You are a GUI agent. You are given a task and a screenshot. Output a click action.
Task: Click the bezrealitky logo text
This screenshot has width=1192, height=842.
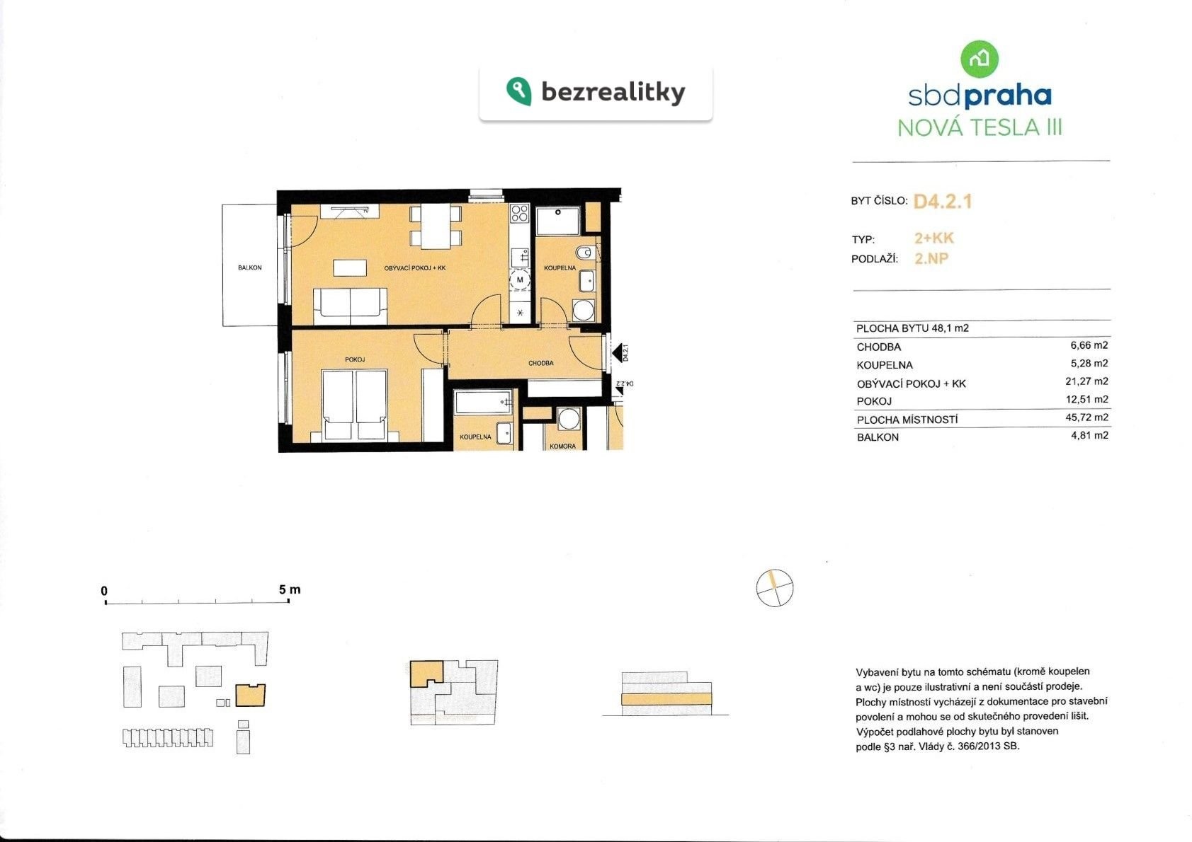613,93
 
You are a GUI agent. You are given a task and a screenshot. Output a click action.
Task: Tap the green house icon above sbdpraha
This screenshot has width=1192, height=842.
979,59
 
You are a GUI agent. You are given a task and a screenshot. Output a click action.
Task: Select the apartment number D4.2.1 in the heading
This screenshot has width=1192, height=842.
943,202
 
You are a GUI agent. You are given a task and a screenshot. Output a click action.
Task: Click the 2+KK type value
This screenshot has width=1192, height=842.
934,238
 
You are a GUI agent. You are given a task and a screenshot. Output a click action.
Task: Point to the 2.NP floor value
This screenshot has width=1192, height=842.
931,259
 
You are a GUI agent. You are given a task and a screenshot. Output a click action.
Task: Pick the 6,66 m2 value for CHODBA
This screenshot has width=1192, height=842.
1089,345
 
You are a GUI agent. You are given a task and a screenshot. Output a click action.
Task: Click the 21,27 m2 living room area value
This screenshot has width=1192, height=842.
1086,381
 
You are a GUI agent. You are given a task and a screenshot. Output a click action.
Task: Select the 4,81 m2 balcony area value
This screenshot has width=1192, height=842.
1089,435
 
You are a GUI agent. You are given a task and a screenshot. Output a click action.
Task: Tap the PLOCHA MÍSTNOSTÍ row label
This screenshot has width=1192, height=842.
907,420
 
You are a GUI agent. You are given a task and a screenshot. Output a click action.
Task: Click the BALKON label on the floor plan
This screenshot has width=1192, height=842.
249,268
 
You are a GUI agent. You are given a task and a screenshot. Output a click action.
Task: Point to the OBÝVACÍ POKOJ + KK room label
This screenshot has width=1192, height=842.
415,268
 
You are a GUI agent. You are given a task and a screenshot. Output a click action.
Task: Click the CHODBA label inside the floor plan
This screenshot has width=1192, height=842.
540,364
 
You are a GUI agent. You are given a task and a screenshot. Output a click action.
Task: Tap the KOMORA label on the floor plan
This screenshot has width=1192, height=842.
562,446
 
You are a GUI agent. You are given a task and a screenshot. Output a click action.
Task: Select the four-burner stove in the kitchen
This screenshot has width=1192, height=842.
519,214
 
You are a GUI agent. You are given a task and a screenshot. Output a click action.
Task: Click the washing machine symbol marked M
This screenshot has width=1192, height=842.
520,280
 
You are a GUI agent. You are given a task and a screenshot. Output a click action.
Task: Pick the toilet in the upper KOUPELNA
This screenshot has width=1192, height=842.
585,253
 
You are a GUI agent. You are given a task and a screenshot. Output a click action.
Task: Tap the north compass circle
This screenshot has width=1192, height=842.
774,588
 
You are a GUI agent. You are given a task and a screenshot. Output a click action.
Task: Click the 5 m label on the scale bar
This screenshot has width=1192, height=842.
290,590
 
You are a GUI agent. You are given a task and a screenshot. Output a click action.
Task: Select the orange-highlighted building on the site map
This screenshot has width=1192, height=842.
250,696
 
